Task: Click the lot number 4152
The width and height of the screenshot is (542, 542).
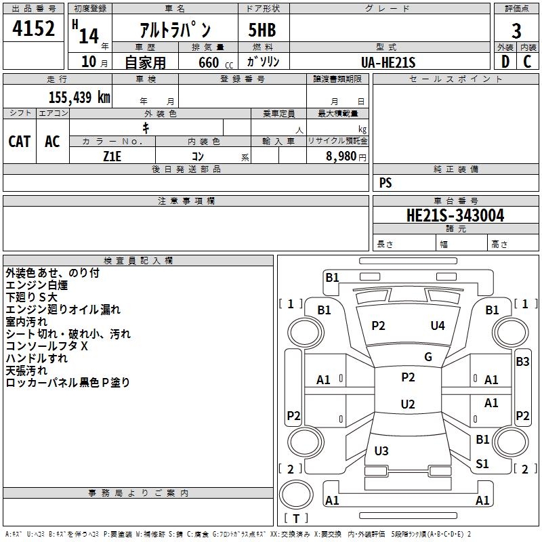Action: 34,30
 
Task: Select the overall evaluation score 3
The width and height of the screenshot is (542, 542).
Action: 516,30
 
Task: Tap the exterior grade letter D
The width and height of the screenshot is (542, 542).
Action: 505,61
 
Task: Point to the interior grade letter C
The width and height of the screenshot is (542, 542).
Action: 527,61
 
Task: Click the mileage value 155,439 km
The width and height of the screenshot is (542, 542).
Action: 79,97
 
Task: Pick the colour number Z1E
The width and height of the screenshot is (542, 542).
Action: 112,155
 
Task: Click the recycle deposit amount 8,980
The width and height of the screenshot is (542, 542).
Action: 341,156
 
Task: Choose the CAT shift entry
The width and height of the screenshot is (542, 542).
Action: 19,142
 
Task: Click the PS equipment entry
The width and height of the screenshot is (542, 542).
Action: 385,183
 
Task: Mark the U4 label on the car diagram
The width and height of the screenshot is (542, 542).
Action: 438,326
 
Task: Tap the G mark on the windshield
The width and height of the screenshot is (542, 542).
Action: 428,357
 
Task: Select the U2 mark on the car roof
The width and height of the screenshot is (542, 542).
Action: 407,404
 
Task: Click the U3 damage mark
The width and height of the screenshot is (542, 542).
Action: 381,451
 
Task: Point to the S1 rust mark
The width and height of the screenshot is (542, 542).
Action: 482,463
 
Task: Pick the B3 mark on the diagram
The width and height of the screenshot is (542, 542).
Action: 522,362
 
